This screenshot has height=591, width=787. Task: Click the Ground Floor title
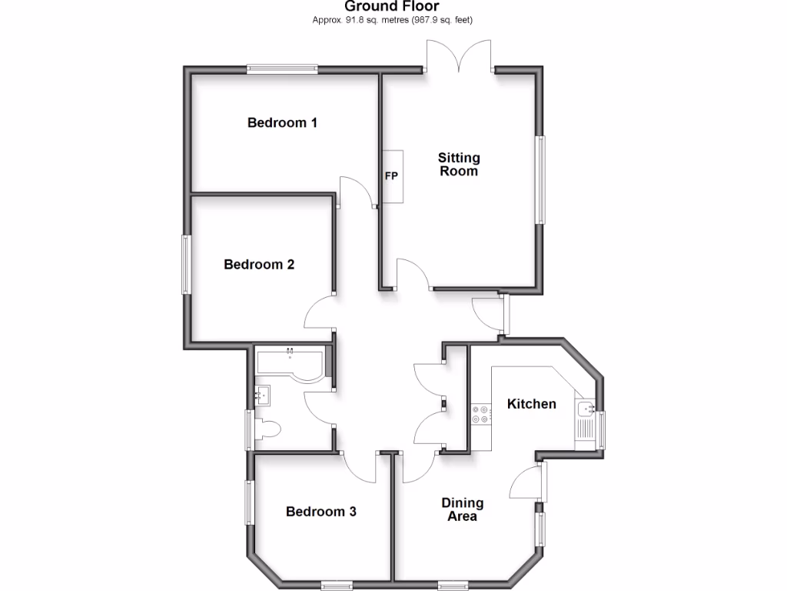coord(392,7)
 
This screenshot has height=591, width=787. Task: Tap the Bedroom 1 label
coord(282,122)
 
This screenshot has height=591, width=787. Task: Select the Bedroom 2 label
coord(259,265)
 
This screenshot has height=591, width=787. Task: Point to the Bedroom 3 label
coord(320,512)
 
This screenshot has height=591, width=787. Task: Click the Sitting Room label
coord(459,165)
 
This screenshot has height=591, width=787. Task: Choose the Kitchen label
coord(531,403)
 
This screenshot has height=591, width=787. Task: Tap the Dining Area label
coord(463,509)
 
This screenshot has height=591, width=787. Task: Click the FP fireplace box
coord(392,176)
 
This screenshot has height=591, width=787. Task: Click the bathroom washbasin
coord(263,396)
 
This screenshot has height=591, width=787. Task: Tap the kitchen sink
coord(586,409)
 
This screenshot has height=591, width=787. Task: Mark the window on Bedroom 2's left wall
coord(186,265)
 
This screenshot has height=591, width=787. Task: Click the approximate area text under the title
coord(392,20)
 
